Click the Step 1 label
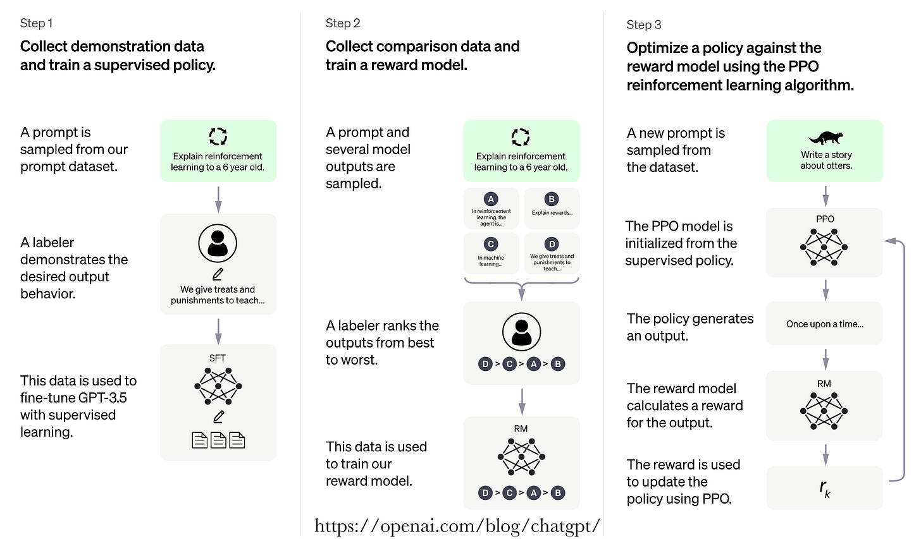[x=36, y=23]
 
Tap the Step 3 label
[x=643, y=25]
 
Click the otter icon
[x=825, y=138]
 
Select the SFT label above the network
[x=217, y=358]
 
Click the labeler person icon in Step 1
[x=218, y=243]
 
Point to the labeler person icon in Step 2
[x=521, y=332]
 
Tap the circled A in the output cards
[x=490, y=199]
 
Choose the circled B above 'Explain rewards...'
[x=552, y=199]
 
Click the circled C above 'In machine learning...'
[x=490, y=245]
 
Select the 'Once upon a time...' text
[x=824, y=324]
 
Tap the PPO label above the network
[x=825, y=219]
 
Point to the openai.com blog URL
[x=457, y=526]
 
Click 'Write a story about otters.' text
[x=826, y=160]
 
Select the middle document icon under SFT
[x=218, y=440]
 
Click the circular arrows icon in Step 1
[x=218, y=136]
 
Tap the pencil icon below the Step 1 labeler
[x=218, y=274]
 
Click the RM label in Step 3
[x=824, y=384]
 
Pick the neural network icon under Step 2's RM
[x=521, y=457]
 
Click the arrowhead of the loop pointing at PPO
[x=889, y=241]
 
